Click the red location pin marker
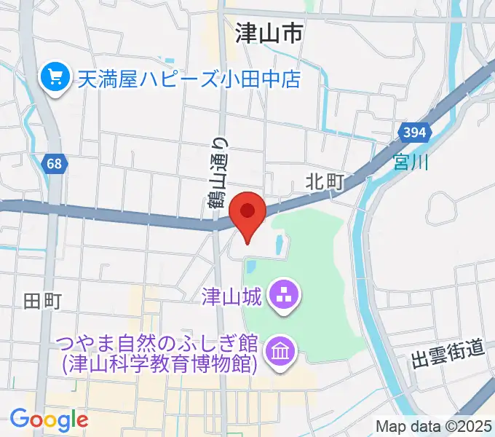247,213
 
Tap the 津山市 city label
269,33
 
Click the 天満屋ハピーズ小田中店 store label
189,77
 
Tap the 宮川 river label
411,160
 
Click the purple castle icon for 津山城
280,296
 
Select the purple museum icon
279,352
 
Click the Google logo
49,419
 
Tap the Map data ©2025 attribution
433,425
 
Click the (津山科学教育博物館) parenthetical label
160,363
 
